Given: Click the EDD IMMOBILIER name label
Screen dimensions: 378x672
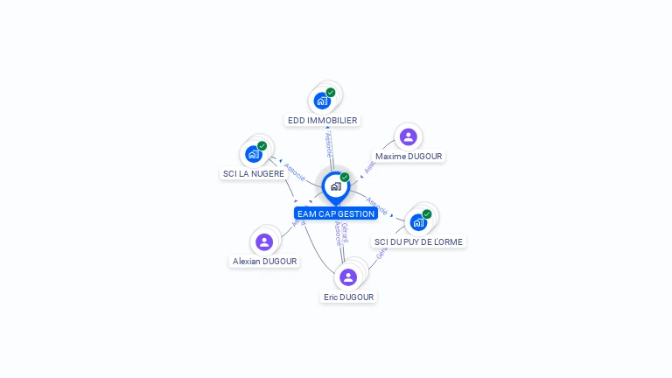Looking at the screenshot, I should pos(322,120).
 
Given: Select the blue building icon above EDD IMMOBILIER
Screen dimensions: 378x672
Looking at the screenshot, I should pos(322,101).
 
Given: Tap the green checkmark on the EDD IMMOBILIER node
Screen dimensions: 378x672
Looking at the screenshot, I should pos(331,92).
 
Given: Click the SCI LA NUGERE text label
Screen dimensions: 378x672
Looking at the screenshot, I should pos(254,173).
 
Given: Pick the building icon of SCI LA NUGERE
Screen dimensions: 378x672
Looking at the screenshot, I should pos(254,154).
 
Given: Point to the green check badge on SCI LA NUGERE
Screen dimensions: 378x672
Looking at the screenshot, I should pos(262,146).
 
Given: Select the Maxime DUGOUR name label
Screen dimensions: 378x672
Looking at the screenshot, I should pos(409,156).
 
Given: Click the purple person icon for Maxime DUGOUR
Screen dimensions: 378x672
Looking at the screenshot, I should pos(408,136).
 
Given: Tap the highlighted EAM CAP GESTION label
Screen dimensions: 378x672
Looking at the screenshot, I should pos(336,213).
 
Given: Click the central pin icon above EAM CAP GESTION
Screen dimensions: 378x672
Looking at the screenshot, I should pos(335,186).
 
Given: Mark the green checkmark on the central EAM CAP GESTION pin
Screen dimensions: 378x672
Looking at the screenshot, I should pos(345,177).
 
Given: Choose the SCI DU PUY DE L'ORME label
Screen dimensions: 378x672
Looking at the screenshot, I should pos(418,241).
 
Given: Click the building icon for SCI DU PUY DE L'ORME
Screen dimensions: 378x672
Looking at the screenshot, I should pos(418,222).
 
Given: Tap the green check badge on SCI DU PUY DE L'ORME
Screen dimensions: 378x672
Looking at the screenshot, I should pos(427,213).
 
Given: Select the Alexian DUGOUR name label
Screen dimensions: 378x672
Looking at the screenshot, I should pos(264,261).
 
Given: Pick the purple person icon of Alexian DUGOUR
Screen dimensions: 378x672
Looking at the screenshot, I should pos(264,241).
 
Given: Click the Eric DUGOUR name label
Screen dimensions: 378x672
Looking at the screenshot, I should pos(348,297).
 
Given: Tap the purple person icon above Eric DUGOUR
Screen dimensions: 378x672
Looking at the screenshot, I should pos(348,277).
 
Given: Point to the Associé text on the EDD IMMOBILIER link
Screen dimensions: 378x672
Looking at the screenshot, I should pos(329,144).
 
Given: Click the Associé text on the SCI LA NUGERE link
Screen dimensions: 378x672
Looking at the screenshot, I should pos(295,171).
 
